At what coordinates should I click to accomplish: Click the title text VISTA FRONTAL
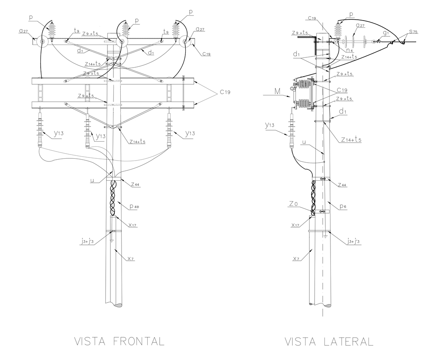[x=119, y=342]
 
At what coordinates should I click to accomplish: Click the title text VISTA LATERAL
[x=329, y=342]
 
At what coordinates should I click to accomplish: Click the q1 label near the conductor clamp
[x=386, y=33]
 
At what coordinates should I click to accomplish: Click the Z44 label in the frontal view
[x=135, y=184]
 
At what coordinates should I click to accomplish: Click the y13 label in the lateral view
[x=270, y=125]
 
